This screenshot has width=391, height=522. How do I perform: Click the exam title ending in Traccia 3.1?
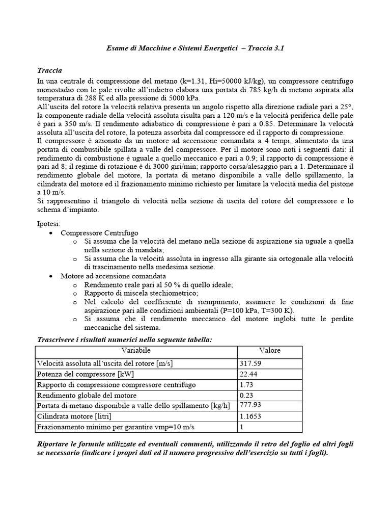pyautogui.click(x=195, y=48)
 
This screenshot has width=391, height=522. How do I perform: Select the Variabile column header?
pyautogui.click(x=136, y=351)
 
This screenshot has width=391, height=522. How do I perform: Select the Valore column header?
pyautogui.click(x=269, y=351)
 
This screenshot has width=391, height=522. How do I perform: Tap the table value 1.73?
pyautogui.click(x=246, y=385)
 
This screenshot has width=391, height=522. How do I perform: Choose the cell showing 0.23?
pyautogui.click(x=246, y=395)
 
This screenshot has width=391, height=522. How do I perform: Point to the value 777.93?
pyautogui.click(x=251, y=405)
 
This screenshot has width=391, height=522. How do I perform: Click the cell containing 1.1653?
pyautogui.click(x=251, y=416)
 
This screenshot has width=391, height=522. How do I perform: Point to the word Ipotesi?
pyautogui.click(x=49, y=223)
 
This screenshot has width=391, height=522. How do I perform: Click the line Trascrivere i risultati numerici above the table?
pyautogui.click(x=125, y=340)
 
